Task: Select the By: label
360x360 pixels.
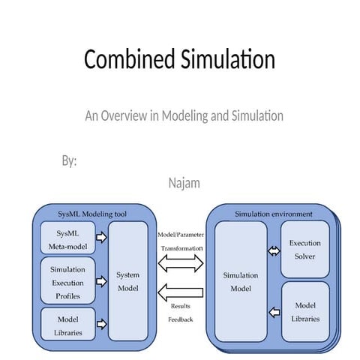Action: [x=69, y=161]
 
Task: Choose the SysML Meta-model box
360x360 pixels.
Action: [x=67, y=237]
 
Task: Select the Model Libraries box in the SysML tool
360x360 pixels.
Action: [x=67, y=322]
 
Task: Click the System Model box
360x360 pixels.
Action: [x=128, y=280]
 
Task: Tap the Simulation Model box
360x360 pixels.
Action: [x=241, y=280]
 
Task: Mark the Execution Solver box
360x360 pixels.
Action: [x=304, y=250]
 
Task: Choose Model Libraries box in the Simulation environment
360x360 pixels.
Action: [x=304, y=310]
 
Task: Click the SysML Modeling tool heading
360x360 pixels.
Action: [x=92, y=214]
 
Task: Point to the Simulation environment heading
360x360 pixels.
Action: [x=273, y=214]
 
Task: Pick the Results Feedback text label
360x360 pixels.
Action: [x=181, y=313]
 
